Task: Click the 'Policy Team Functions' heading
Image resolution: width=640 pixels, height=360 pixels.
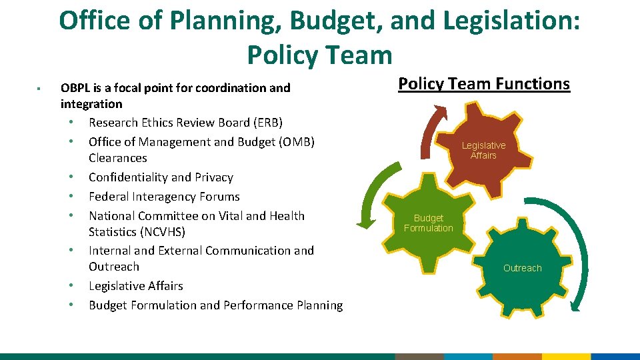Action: tap(484, 84)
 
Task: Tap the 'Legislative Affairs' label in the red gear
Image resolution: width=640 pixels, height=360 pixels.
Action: tap(483, 151)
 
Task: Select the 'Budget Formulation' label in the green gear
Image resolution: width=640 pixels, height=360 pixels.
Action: tap(428, 223)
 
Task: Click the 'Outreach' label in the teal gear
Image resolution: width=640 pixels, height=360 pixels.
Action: tap(523, 268)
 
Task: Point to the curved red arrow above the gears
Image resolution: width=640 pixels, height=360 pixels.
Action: tap(428, 127)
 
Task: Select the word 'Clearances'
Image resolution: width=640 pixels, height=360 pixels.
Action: tap(118, 158)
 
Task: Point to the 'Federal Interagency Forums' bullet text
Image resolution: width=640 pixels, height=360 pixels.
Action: tap(164, 197)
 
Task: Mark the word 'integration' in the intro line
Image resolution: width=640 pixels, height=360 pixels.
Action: tap(91, 104)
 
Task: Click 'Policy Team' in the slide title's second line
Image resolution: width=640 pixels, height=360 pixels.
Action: tap(319, 54)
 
